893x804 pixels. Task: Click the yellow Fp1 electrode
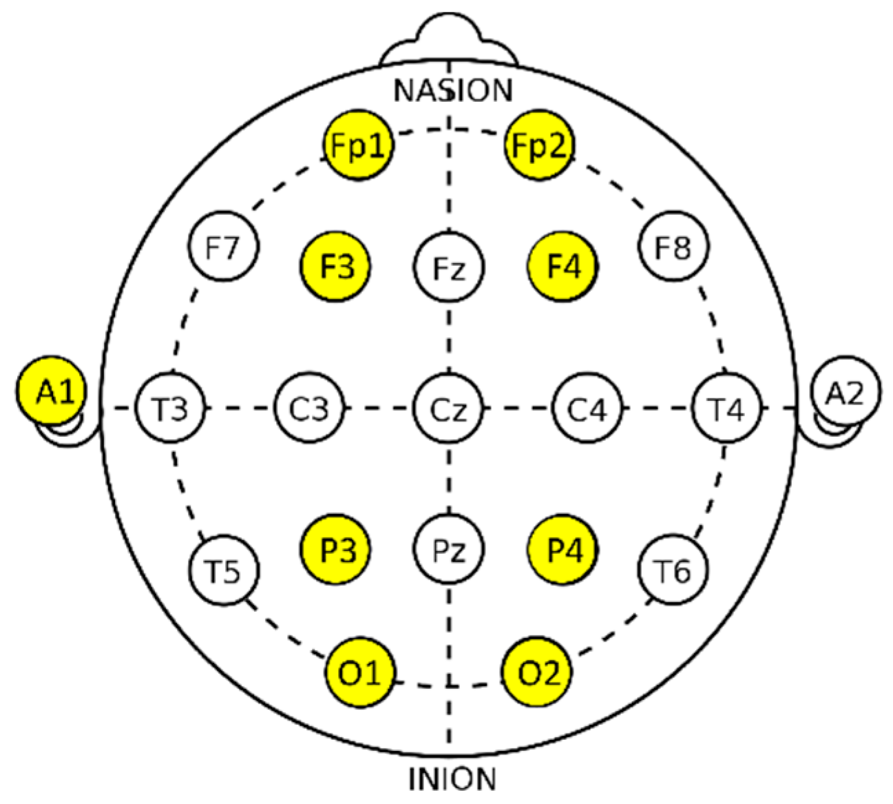click(x=359, y=145)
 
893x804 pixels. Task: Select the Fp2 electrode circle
click(x=539, y=145)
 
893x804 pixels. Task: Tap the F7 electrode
click(x=223, y=247)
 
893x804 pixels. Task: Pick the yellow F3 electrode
click(x=337, y=266)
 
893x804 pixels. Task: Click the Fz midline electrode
click(x=449, y=267)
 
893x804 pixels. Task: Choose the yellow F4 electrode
click(x=563, y=266)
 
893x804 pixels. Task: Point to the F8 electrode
click(x=673, y=247)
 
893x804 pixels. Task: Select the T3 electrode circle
click(x=170, y=409)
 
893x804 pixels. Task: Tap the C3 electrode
click(x=309, y=409)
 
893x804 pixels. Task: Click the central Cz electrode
click(x=449, y=409)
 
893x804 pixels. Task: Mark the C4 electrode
click(x=587, y=409)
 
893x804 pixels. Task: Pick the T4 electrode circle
click(x=727, y=409)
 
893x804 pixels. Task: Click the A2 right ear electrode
click(x=845, y=391)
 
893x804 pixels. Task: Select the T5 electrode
click(x=223, y=570)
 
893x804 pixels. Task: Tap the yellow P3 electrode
click(x=336, y=550)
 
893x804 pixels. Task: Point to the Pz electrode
click(x=449, y=550)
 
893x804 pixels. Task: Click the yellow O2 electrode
click(x=539, y=672)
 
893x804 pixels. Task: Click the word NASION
click(x=453, y=90)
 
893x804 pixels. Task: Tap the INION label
click(x=452, y=779)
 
